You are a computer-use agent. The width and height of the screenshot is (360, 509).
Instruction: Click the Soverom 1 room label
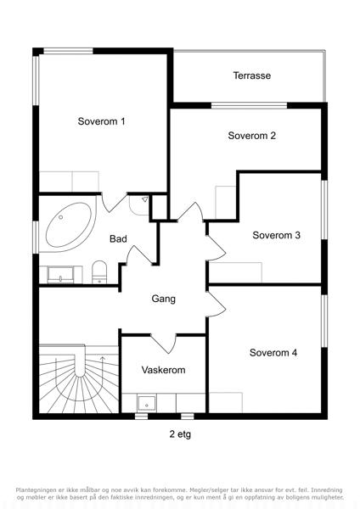click(x=101, y=121)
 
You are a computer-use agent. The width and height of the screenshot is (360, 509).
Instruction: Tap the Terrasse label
click(x=252, y=76)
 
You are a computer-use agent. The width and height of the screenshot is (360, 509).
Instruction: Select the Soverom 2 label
click(x=252, y=136)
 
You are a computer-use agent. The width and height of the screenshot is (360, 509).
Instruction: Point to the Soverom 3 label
click(x=276, y=235)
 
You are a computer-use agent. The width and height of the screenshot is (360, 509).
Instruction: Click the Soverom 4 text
click(x=273, y=353)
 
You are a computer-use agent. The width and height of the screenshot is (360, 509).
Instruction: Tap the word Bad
click(x=118, y=239)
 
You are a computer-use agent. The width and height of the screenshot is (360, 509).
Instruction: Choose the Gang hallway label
click(x=163, y=299)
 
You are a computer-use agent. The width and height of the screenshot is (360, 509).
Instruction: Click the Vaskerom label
click(x=163, y=370)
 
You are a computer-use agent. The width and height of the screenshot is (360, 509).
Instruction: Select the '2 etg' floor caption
click(x=180, y=434)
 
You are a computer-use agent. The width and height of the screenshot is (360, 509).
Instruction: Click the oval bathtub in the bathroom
click(x=69, y=225)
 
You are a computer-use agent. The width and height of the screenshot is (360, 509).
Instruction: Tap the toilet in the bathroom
click(x=99, y=272)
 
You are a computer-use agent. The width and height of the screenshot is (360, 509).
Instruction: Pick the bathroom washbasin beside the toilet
click(x=60, y=275)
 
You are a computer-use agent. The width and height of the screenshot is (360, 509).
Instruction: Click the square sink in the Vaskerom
click(x=147, y=403)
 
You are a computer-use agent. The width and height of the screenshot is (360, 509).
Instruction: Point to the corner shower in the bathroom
click(x=139, y=204)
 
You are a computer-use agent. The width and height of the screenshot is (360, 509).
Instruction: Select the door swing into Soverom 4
click(x=216, y=305)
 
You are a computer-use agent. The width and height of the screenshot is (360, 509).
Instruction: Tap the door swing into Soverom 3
click(x=216, y=248)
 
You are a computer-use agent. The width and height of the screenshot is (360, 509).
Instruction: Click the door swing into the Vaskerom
click(x=163, y=344)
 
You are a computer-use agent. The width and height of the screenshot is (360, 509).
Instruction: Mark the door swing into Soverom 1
click(x=114, y=202)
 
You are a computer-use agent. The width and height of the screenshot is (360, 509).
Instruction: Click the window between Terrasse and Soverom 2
click(x=250, y=105)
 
